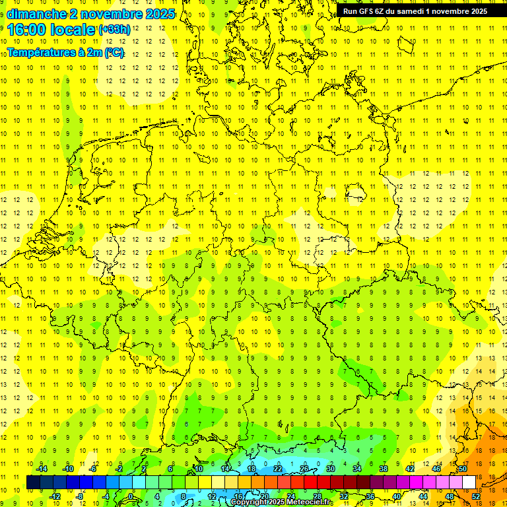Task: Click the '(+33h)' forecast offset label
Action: pos(114,29)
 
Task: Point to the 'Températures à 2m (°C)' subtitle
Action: pos(65,53)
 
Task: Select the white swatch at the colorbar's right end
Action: pos(469,482)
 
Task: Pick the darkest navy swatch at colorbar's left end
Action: pos(34,482)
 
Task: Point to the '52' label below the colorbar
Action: pos(476,496)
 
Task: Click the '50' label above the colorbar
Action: pos(463,469)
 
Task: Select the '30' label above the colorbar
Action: pos(330,469)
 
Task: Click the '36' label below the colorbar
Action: pos(370,496)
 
